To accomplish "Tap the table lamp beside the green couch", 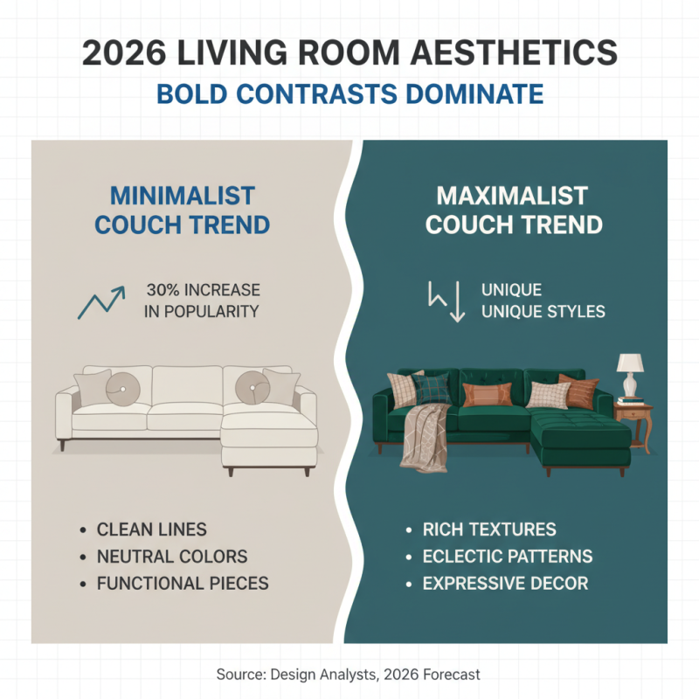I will pyautogui.click(x=630, y=372).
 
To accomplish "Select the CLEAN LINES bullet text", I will pyautogui.click(x=151, y=529).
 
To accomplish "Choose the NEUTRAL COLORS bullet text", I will pyautogui.click(x=171, y=557).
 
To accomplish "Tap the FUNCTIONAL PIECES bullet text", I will pyautogui.click(x=182, y=583).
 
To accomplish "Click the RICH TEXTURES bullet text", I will pyautogui.click(x=489, y=529).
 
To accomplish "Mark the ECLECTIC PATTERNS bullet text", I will pyautogui.click(x=508, y=557).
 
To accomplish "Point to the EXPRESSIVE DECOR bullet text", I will pyautogui.click(x=505, y=583).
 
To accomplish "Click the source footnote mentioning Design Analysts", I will pyautogui.click(x=349, y=675).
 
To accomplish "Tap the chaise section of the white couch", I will pyautogui.click(x=266, y=441).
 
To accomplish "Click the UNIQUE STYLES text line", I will pyautogui.click(x=543, y=312).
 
